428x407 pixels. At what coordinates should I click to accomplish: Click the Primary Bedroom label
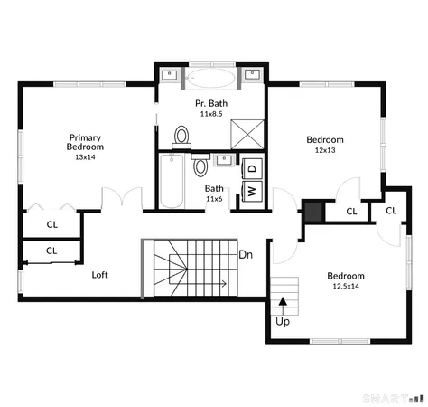tap(86, 142)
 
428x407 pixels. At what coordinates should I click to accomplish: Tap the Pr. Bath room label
tap(211, 103)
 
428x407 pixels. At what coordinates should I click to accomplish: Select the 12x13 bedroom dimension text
tap(324, 151)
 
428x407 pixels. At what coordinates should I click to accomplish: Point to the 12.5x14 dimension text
tap(345, 287)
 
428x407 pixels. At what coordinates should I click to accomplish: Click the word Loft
tap(100, 274)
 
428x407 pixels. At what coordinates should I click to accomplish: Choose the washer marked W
tap(252, 191)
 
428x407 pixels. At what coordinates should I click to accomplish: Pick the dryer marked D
tap(253, 167)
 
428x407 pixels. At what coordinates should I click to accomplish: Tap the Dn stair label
tap(245, 255)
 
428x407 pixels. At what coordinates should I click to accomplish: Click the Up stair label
tap(283, 321)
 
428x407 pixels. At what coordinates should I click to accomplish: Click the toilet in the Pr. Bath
tap(181, 136)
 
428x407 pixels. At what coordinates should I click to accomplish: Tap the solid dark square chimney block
tap(313, 211)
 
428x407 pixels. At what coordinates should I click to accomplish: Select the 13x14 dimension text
tap(86, 157)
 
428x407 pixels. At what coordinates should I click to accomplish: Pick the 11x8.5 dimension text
tap(211, 114)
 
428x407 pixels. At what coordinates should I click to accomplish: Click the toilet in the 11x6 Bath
tap(201, 166)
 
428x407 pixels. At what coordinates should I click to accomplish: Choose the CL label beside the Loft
tap(51, 251)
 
